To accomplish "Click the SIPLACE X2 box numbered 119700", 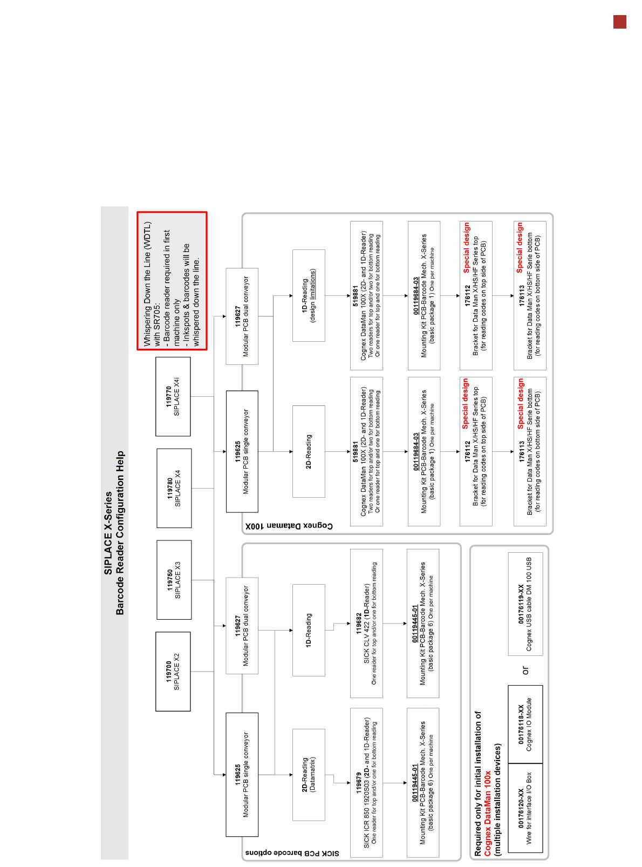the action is click(x=173, y=671).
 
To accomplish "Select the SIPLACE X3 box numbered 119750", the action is click(x=174, y=580).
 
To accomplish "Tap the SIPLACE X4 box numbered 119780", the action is click(x=174, y=488).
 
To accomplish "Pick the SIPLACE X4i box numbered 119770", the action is click(x=173, y=396).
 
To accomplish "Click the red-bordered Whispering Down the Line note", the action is click(x=172, y=281).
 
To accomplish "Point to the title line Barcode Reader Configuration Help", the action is click(x=120, y=533).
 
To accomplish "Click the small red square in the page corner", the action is click(x=620, y=22).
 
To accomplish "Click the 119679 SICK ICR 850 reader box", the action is click(x=366, y=782).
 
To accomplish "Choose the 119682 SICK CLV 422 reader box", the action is click(x=366, y=623).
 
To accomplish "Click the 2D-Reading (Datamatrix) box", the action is click(x=309, y=775).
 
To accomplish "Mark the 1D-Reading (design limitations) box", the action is click(x=309, y=295).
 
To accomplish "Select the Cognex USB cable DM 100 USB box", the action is click(x=525, y=604).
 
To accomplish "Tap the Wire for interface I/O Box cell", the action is click(x=525, y=808).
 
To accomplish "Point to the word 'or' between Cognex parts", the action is click(x=525, y=670).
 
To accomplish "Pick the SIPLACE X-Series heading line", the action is click(x=108, y=533).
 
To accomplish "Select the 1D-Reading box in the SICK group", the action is click(x=309, y=629).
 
